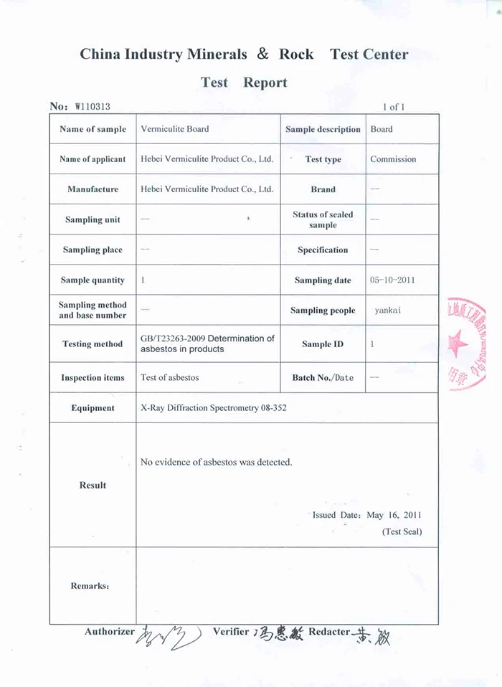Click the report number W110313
[x=92, y=107]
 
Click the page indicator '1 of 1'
[x=394, y=108]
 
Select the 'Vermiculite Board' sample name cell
[x=175, y=129]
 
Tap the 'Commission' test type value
[x=393, y=159]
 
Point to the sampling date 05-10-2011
[x=392, y=280]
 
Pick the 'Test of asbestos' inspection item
[x=170, y=377]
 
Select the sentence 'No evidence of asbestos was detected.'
[x=217, y=462]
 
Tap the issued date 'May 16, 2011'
[x=394, y=515]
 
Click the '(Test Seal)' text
[x=402, y=531]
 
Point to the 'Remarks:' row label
[x=90, y=586]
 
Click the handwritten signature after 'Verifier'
[x=278, y=633]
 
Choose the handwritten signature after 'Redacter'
[x=373, y=634]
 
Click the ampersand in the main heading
[x=263, y=54]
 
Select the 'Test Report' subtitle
[x=244, y=82]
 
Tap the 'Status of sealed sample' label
[x=323, y=219]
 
